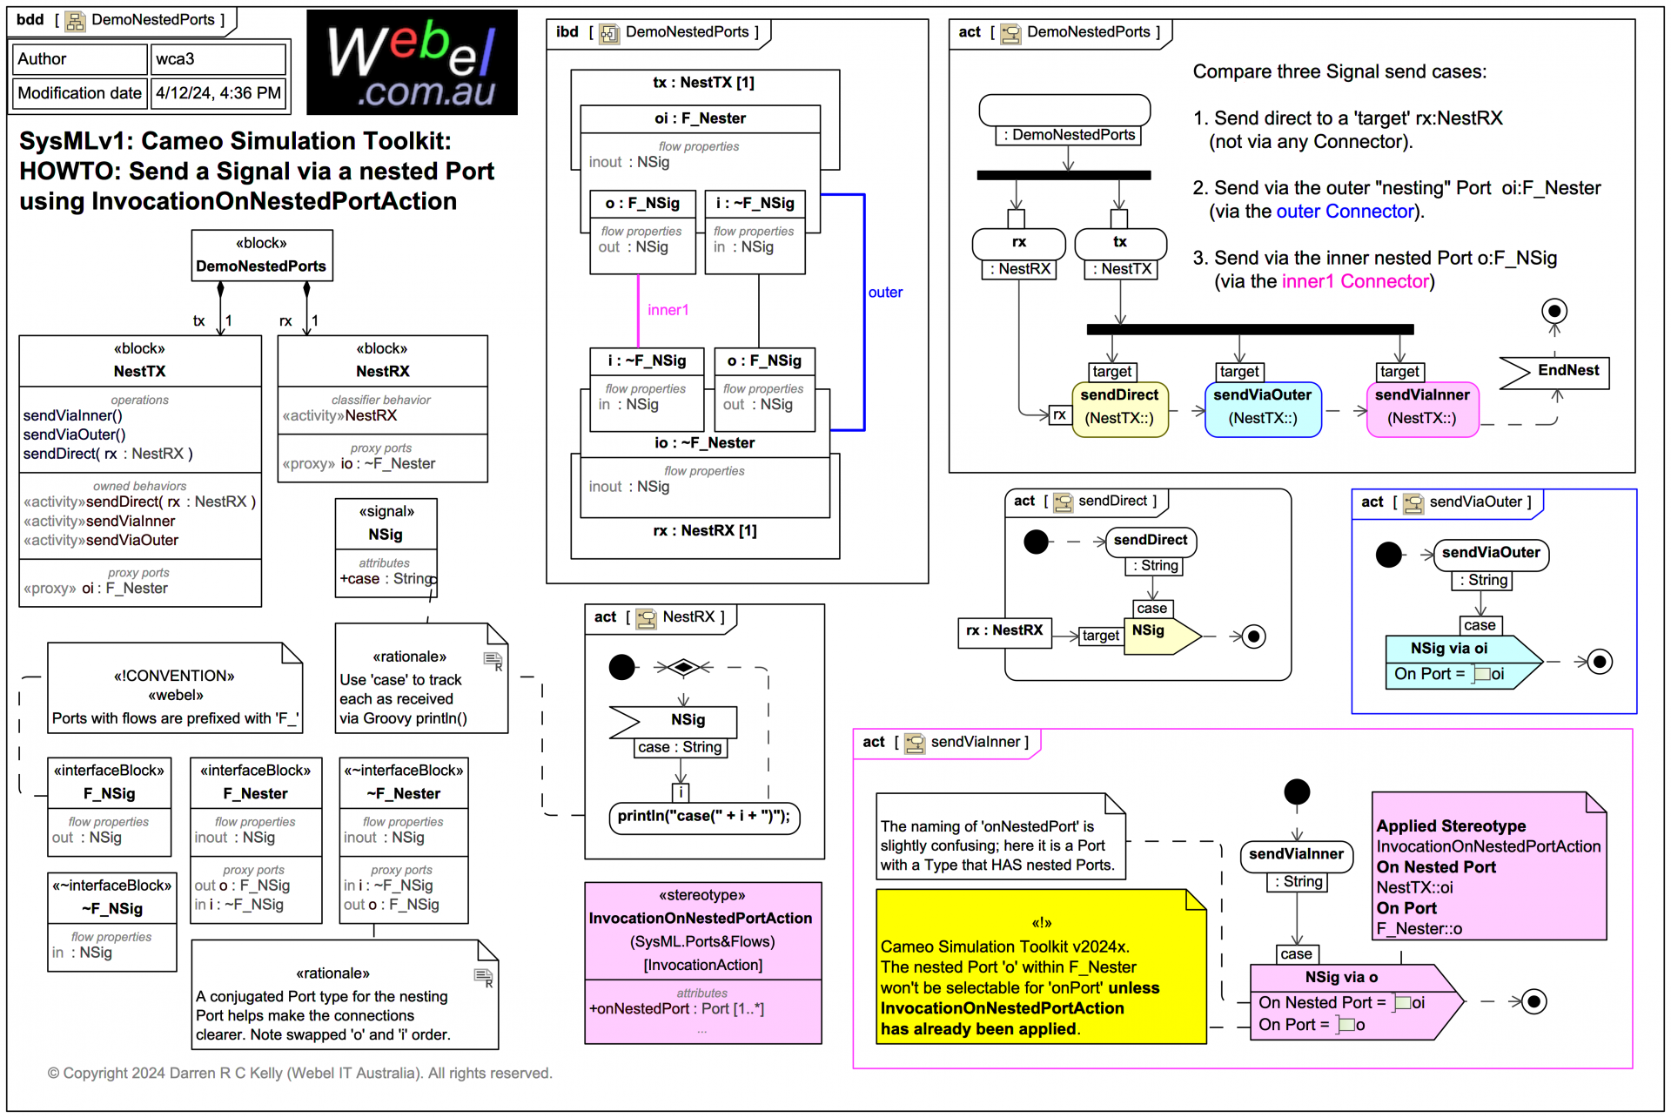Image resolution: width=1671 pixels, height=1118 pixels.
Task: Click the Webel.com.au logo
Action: (x=412, y=63)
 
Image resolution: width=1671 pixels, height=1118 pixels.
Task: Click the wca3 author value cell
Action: (x=218, y=59)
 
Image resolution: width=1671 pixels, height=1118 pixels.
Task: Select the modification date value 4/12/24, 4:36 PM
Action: (x=218, y=93)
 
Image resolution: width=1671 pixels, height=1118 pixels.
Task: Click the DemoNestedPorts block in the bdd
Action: (x=261, y=256)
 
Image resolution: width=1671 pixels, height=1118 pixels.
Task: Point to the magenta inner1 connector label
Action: (x=668, y=310)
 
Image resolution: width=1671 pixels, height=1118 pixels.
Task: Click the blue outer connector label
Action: (x=885, y=293)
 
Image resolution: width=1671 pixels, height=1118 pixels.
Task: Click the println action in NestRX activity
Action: (x=704, y=817)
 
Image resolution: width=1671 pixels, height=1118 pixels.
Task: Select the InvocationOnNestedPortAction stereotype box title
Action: (x=701, y=918)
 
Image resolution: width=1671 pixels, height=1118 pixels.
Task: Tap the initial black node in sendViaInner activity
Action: (x=1296, y=791)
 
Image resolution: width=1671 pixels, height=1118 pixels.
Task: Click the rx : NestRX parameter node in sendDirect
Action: (x=1004, y=630)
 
